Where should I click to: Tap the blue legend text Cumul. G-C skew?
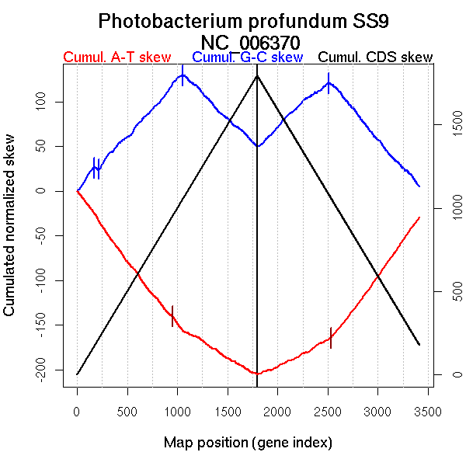(247, 57)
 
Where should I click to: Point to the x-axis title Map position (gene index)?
(248, 443)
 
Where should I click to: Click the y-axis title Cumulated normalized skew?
(10, 233)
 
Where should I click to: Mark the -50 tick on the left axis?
(53, 235)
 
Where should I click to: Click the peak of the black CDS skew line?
(257, 75)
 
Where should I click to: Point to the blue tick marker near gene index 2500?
(329, 83)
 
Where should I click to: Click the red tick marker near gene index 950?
(172, 316)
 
